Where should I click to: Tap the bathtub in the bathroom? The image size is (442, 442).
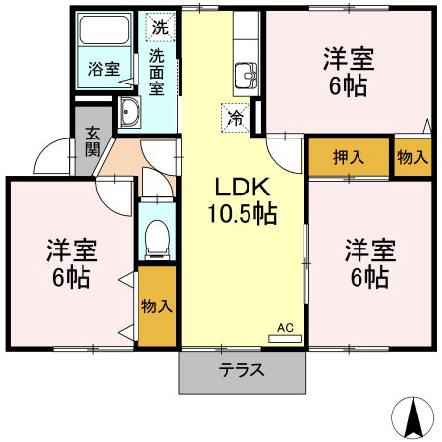tap(103, 33)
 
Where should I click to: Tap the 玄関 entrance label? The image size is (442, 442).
tap(92, 141)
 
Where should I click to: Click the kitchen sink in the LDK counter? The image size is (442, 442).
tap(245, 75)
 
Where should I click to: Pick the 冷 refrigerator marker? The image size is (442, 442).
tap(236, 117)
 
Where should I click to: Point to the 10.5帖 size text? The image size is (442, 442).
tap(242, 212)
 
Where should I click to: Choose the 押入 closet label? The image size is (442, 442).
tap(348, 157)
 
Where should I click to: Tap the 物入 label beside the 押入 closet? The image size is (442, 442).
tap(412, 157)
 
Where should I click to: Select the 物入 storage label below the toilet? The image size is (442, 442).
tap(157, 305)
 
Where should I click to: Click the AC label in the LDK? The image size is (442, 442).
tap(285, 327)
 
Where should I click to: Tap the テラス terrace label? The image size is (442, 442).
tap(242, 371)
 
